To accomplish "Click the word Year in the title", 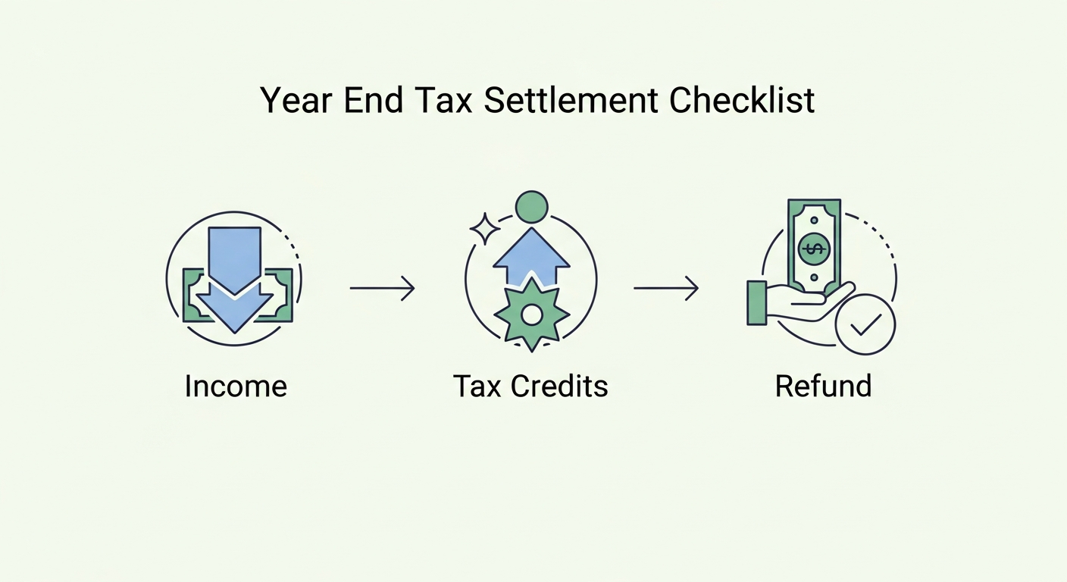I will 293,101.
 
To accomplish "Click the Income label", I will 236,386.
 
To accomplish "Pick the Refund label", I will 823,386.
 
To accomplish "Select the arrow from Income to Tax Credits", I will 382,288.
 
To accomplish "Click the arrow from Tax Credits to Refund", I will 665,288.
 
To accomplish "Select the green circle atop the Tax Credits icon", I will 531,205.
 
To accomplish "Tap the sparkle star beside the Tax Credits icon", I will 484,228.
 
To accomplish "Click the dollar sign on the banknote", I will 814,249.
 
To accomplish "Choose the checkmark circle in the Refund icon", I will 865,325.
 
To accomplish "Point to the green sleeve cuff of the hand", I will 756,302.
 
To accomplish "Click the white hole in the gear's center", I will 531,314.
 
